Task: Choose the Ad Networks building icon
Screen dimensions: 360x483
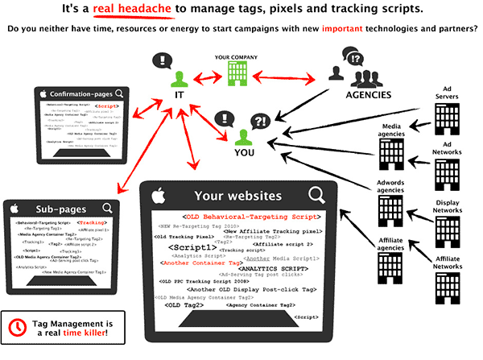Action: coord(445,175)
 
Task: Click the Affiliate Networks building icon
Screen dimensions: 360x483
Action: coord(445,283)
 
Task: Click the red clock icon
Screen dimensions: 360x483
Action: coord(18,328)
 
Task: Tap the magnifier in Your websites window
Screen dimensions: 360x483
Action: coord(316,194)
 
